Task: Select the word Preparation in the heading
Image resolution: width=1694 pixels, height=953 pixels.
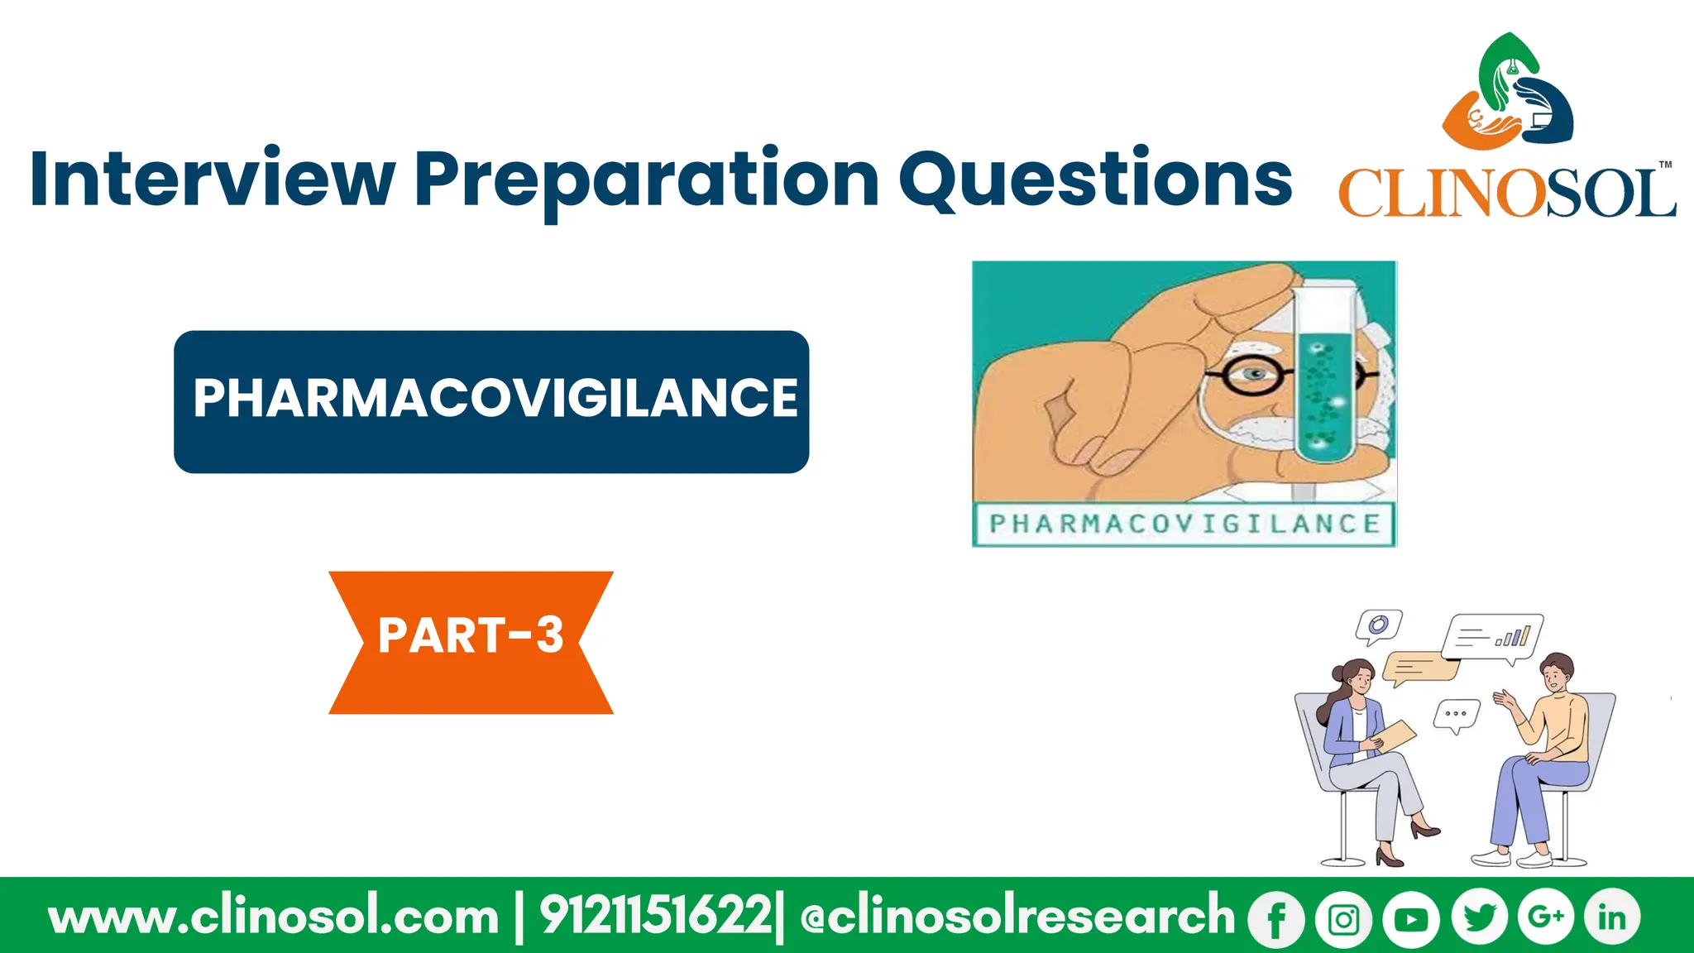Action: click(646, 180)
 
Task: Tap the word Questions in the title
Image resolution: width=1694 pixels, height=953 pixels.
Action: click(1095, 179)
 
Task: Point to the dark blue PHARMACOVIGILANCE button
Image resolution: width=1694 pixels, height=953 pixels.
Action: click(491, 401)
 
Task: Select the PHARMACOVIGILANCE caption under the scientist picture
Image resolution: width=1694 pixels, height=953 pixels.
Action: click(1184, 524)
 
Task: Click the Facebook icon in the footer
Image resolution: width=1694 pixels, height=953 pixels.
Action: click(1276, 918)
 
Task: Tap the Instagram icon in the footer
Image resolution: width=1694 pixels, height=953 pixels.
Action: click(1343, 918)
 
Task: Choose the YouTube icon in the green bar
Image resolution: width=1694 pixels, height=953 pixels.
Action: click(1411, 918)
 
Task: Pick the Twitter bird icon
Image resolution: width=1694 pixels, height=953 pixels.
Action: click(1479, 918)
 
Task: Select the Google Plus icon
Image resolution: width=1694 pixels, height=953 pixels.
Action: click(1545, 917)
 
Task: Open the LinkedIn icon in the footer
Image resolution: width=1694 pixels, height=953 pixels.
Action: click(1611, 917)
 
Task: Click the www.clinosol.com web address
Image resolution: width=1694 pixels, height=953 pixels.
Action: click(274, 917)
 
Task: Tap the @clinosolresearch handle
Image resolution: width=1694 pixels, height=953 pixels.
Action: click(1017, 917)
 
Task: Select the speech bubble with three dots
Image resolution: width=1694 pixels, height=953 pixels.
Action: click(1456, 714)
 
